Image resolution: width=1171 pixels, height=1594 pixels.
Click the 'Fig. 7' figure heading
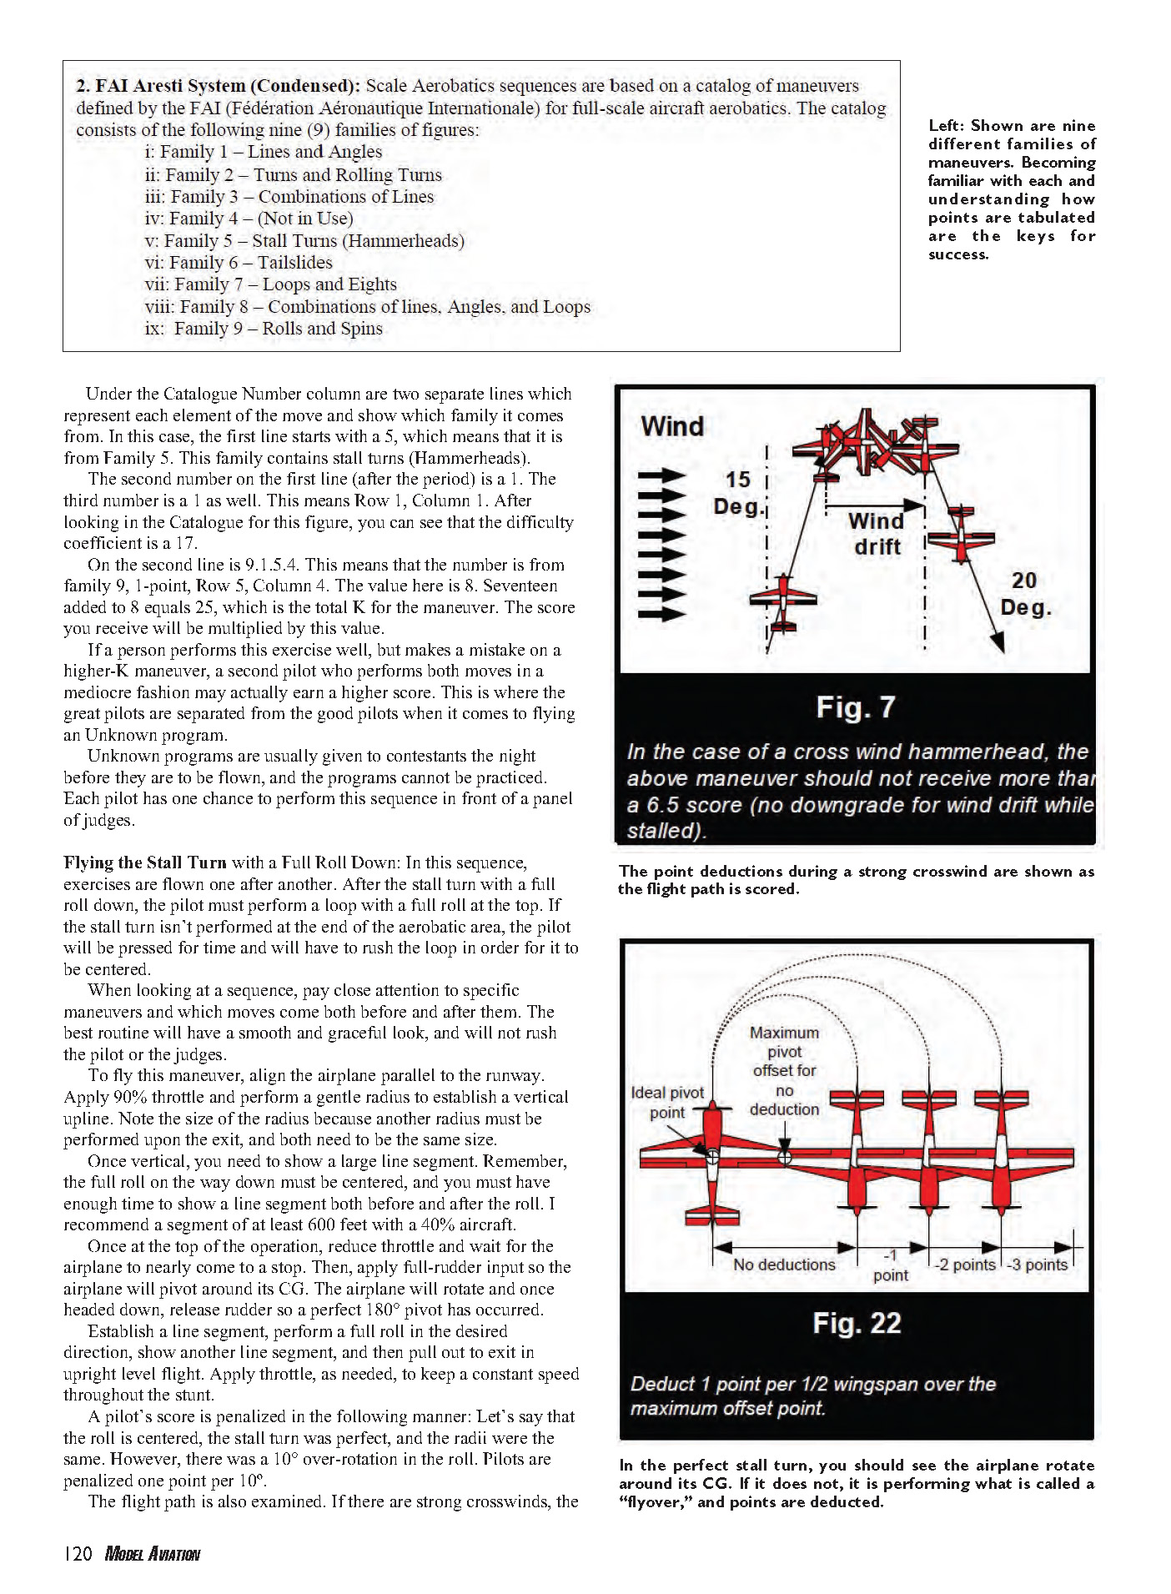(x=855, y=707)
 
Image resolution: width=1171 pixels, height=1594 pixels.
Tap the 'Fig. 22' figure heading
(x=857, y=1323)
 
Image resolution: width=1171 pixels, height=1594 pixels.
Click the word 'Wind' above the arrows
(x=672, y=426)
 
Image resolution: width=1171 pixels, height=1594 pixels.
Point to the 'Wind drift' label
(x=876, y=534)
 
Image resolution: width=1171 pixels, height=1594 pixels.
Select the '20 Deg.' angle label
(x=1025, y=593)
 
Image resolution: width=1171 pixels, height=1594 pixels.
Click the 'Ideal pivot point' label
(x=667, y=1102)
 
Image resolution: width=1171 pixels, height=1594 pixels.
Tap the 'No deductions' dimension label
(x=784, y=1265)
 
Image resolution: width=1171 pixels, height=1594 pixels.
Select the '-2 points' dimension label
(x=964, y=1265)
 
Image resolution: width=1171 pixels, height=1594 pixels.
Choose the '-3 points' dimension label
(x=1037, y=1265)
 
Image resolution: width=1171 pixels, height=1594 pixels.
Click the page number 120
(x=78, y=1554)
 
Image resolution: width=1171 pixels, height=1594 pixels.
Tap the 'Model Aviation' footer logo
(x=152, y=1554)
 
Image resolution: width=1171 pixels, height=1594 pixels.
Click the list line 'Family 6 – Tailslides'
(x=239, y=263)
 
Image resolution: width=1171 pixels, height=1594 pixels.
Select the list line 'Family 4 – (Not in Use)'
(x=249, y=219)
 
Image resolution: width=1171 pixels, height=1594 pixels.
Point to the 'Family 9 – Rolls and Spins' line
(x=264, y=329)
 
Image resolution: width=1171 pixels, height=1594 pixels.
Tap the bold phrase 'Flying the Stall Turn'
(x=144, y=862)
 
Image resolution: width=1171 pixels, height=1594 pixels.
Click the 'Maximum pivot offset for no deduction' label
(x=784, y=1071)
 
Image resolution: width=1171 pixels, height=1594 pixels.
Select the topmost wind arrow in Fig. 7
(x=661, y=476)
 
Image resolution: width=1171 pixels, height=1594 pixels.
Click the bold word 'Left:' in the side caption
(x=947, y=126)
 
